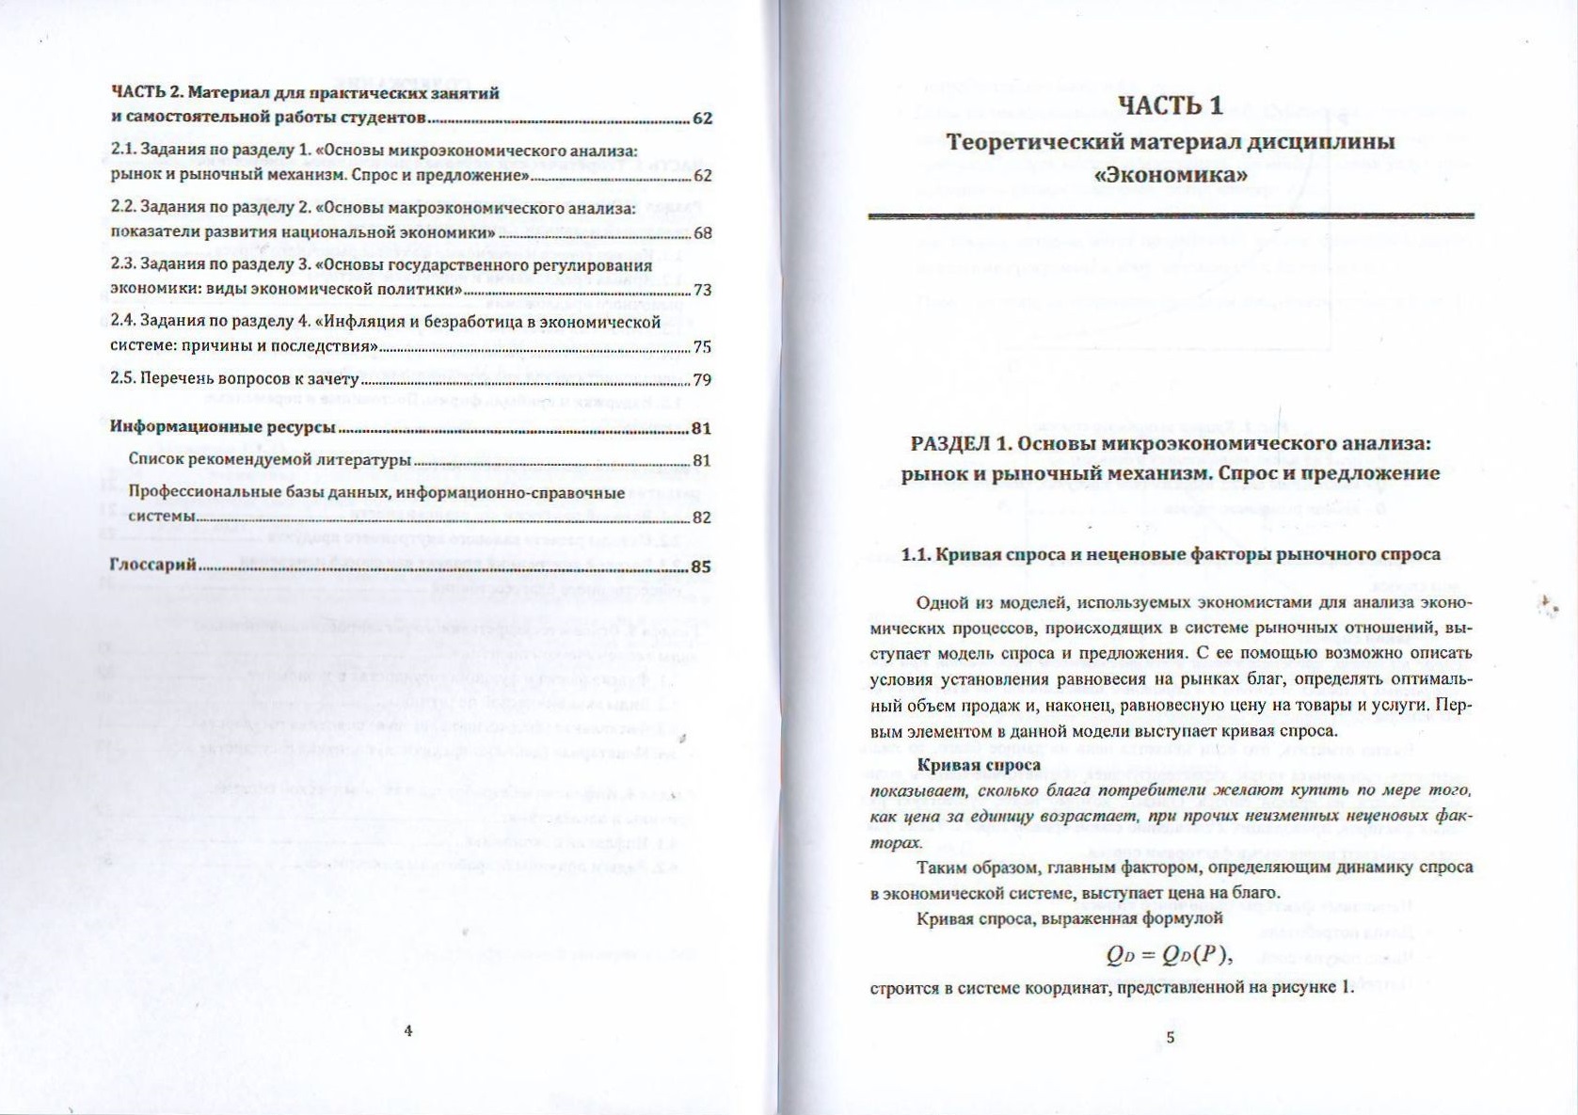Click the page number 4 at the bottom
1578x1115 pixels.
coord(408,1030)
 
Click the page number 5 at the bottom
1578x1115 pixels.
coord(1171,1038)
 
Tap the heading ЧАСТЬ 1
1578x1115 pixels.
coord(1171,105)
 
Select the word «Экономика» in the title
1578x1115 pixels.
coord(1171,176)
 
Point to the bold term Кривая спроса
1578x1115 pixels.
coord(965,766)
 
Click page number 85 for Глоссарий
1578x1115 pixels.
coord(701,567)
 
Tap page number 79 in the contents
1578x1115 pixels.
coord(702,380)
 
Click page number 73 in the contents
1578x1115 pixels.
coord(702,290)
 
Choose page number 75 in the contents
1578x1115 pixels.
coord(702,347)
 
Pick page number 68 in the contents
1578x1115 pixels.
coord(702,233)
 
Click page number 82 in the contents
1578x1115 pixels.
coord(702,518)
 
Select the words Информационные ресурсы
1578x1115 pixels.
coord(223,427)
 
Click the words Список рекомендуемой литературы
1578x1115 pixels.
coord(269,460)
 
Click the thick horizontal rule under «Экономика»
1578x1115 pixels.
coord(1171,215)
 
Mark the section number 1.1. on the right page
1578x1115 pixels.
coord(917,554)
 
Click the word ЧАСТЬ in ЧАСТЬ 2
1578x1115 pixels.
coord(137,92)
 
